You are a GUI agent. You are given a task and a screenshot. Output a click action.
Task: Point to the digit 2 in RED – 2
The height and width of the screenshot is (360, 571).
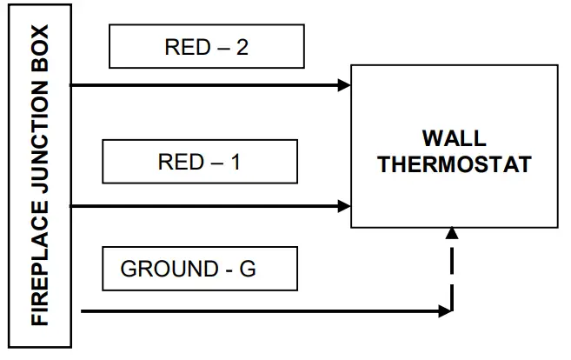[x=242, y=47]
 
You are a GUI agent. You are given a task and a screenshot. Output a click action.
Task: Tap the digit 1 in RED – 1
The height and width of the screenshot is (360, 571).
[x=235, y=163]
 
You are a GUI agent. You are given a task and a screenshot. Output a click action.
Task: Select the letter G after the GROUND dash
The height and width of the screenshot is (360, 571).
[x=248, y=269]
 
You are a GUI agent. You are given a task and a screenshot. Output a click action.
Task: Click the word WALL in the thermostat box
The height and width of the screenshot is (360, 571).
[x=454, y=139]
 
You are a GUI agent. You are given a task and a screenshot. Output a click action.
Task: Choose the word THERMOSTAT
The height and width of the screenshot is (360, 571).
[x=454, y=165]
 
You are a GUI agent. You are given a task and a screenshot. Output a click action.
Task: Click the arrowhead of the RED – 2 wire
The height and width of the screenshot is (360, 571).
[x=345, y=85]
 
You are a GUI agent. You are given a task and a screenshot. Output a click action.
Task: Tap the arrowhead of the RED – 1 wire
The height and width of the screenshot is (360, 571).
[x=345, y=207]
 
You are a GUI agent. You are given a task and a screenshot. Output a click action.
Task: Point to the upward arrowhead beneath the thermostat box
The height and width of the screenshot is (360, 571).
[x=451, y=232]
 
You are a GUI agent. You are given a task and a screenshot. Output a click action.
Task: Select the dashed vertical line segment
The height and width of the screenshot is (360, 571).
[x=451, y=270]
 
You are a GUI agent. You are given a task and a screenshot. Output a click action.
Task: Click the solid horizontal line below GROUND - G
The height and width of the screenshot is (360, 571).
[x=261, y=310]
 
